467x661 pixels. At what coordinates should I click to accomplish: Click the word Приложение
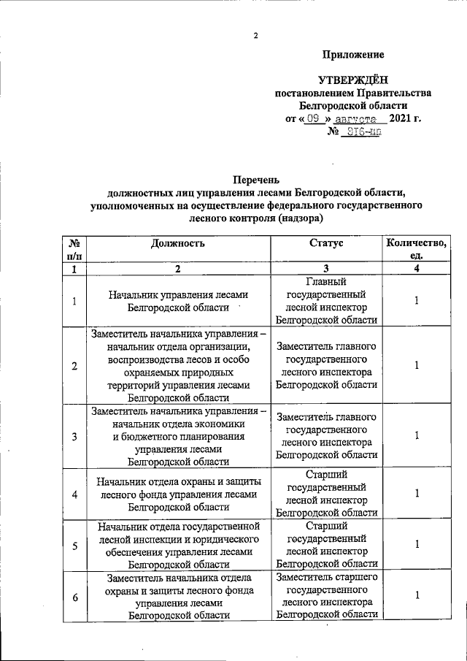coord(353,56)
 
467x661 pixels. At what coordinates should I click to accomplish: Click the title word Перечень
coord(256,179)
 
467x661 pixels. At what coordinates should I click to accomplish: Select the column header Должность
coord(179,244)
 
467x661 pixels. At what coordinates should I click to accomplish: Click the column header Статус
coord(326,244)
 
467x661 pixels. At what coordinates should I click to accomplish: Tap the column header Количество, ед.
coord(417,250)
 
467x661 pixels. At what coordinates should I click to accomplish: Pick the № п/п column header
coord(74,250)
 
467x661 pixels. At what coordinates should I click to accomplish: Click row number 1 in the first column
coord(74,301)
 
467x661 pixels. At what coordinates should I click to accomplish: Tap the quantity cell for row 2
coord(417,365)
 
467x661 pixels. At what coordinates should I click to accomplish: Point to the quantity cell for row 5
coord(417,545)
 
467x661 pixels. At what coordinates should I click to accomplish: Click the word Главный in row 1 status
coord(326,282)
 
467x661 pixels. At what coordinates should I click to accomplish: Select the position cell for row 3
coord(179,436)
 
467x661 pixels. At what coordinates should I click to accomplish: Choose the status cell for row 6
coord(326,595)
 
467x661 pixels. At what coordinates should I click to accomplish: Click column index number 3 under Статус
coord(326,269)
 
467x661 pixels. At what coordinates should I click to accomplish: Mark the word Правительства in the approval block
coord(395,93)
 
